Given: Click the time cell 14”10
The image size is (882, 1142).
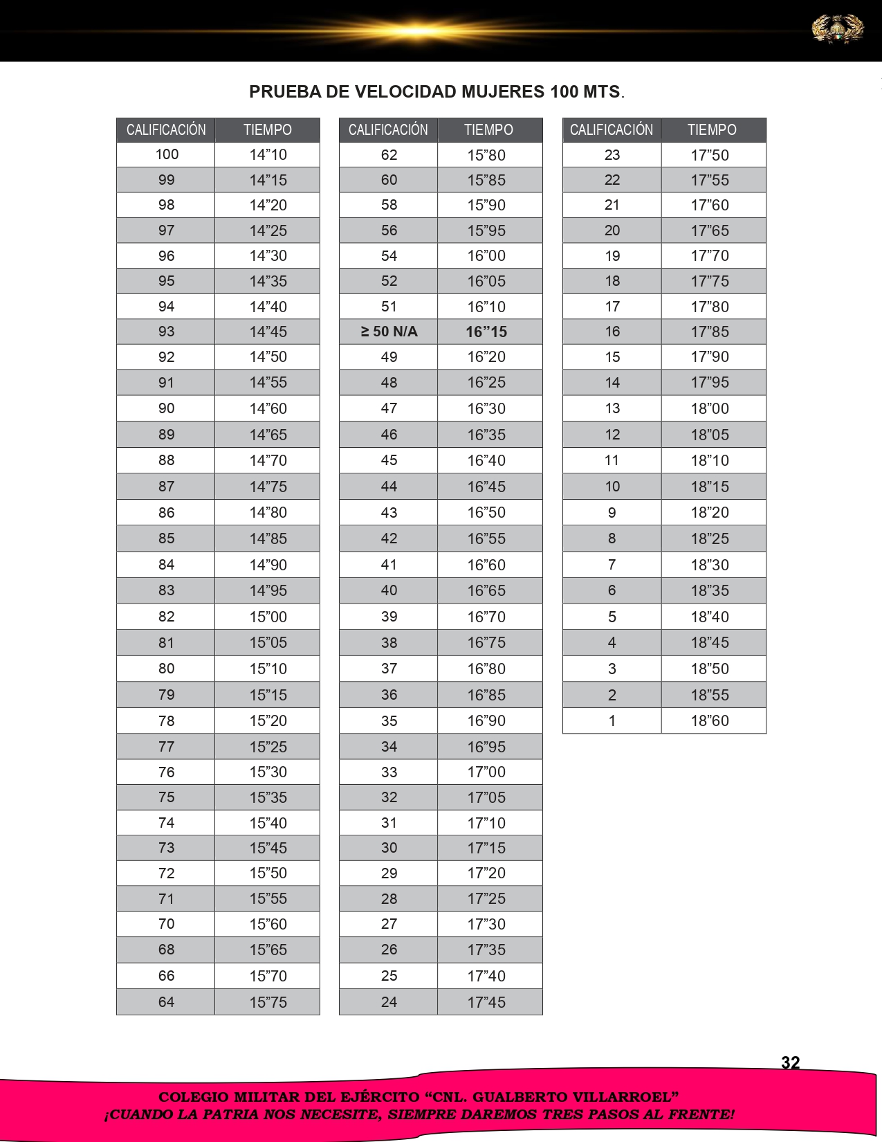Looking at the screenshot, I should click(268, 155).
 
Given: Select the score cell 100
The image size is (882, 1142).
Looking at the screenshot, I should click(167, 155).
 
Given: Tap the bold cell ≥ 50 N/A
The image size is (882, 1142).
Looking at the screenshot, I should click(389, 332).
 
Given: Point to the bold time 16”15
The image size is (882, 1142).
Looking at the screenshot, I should click(486, 332).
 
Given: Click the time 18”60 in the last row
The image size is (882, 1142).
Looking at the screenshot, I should click(710, 720).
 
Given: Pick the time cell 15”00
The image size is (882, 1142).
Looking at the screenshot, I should click(268, 617).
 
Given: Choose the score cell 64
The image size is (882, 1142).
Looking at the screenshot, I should click(167, 1001).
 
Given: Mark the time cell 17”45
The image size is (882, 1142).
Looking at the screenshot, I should click(486, 1001).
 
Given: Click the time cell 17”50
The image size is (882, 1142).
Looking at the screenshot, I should click(710, 155).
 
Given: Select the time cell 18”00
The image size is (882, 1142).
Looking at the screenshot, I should click(710, 408).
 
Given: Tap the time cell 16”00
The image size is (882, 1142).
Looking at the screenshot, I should click(486, 256).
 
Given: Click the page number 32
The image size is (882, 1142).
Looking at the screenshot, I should click(790, 1062).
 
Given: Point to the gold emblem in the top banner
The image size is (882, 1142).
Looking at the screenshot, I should click(837, 30).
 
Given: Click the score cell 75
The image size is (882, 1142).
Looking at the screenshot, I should click(167, 797).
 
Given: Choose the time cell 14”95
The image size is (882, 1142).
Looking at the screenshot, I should click(268, 590).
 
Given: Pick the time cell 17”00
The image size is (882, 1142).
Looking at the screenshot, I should click(486, 772).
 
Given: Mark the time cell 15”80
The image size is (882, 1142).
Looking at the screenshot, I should click(486, 155).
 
